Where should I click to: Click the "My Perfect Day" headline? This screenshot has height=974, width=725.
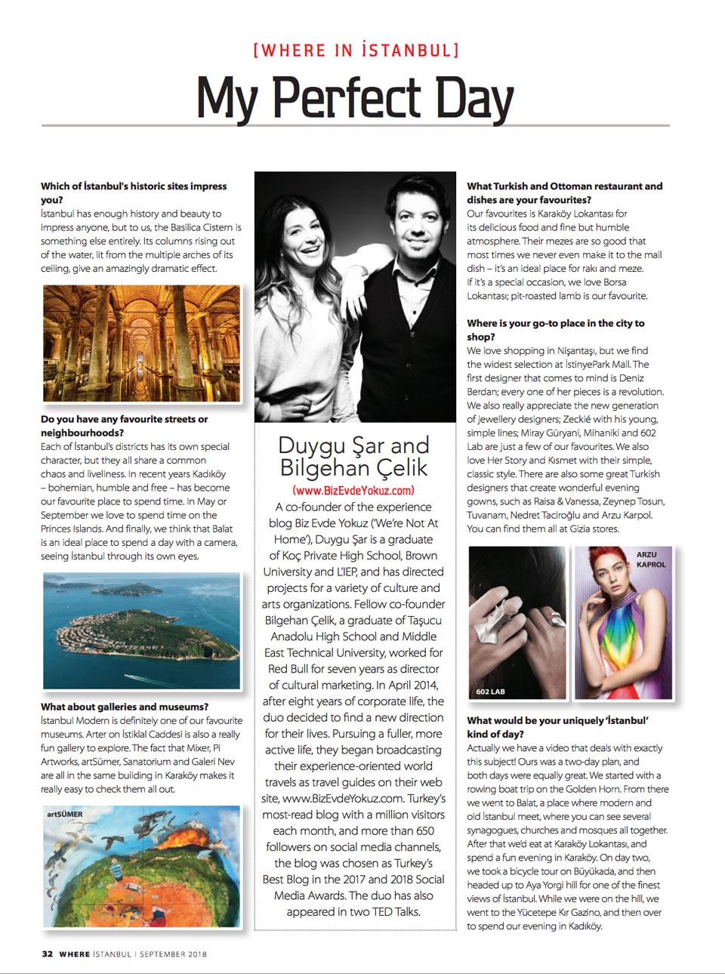(x=355, y=97)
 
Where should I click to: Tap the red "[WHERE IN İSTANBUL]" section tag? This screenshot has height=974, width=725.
(x=356, y=51)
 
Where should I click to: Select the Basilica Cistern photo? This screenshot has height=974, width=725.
(x=141, y=344)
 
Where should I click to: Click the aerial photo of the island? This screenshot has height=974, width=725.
(x=141, y=630)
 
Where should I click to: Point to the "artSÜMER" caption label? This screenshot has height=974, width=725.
(x=65, y=815)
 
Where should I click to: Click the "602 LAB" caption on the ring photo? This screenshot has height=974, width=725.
(x=491, y=692)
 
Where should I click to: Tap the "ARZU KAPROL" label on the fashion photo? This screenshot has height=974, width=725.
(x=651, y=559)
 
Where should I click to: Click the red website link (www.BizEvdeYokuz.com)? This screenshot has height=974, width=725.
(x=353, y=490)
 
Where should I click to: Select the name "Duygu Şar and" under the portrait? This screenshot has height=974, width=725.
(x=353, y=445)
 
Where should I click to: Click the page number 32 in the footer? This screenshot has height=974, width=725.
(x=47, y=954)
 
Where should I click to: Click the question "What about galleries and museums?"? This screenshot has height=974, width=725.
(x=125, y=707)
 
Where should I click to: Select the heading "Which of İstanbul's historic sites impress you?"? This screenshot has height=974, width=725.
(x=134, y=193)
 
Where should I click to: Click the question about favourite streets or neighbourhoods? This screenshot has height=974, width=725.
(x=125, y=426)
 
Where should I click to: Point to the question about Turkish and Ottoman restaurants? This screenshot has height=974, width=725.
(x=564, y=193)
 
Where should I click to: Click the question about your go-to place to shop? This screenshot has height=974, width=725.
(x=555, y=330)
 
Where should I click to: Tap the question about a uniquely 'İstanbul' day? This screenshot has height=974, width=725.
(x=557, y=727)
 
